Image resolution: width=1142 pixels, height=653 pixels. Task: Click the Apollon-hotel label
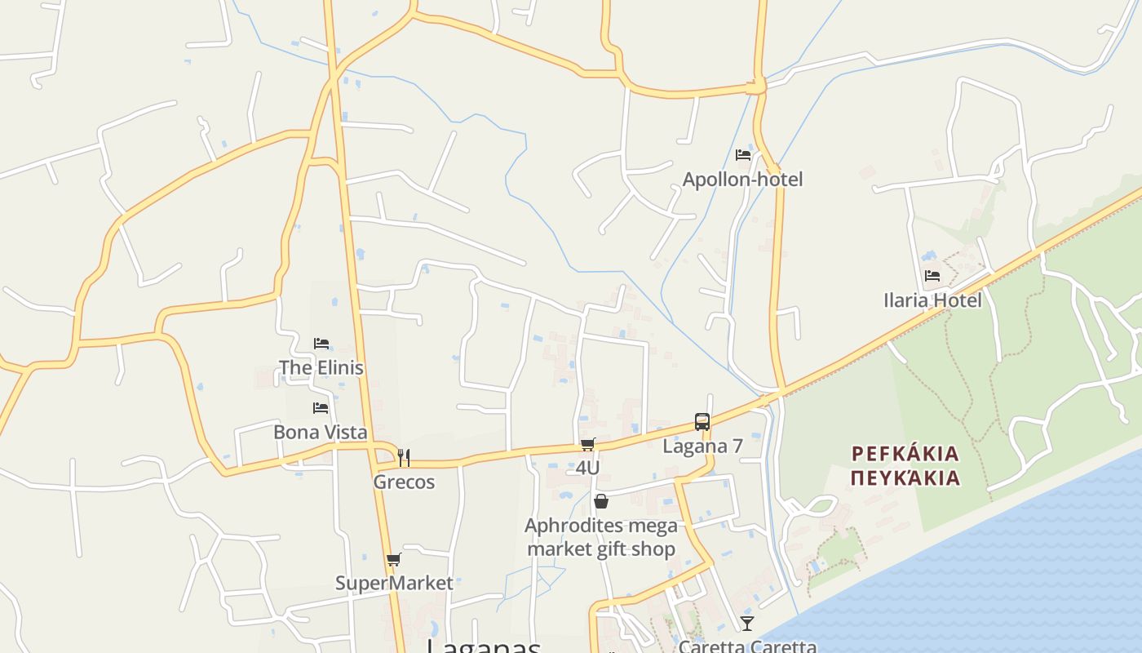(742, 179)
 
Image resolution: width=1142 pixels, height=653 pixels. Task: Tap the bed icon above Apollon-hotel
(742, 154)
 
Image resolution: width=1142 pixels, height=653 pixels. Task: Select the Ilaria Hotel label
(932, 300)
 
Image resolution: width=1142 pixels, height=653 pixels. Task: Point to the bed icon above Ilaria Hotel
(932, 276)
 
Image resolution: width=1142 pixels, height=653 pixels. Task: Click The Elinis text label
(321, 367)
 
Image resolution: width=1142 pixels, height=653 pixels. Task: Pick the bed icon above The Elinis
(321, 344)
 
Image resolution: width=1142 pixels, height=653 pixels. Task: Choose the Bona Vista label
(320, 432)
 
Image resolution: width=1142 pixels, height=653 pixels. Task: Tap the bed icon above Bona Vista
(320, 408)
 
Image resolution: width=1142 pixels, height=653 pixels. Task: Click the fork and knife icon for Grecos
(404, 458)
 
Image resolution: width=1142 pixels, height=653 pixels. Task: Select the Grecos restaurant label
(404, 482)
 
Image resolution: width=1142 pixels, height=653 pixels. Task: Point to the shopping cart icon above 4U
(587, 445)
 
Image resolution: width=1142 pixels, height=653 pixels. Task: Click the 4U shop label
(587, 468)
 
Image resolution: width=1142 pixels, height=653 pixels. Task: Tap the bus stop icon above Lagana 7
(702, 422)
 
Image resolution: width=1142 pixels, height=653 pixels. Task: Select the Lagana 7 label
(702, 446)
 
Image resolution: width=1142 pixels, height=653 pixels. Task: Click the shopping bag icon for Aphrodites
(601, 501)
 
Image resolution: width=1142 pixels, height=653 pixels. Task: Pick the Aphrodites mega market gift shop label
(601, 537)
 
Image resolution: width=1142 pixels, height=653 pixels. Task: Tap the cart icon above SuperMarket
(394, 560)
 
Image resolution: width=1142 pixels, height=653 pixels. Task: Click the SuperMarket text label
(394, 583)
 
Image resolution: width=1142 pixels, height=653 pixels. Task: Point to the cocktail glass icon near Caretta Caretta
(747, 624)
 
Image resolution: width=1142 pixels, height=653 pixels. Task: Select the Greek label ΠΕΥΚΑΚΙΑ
(905, 478)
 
